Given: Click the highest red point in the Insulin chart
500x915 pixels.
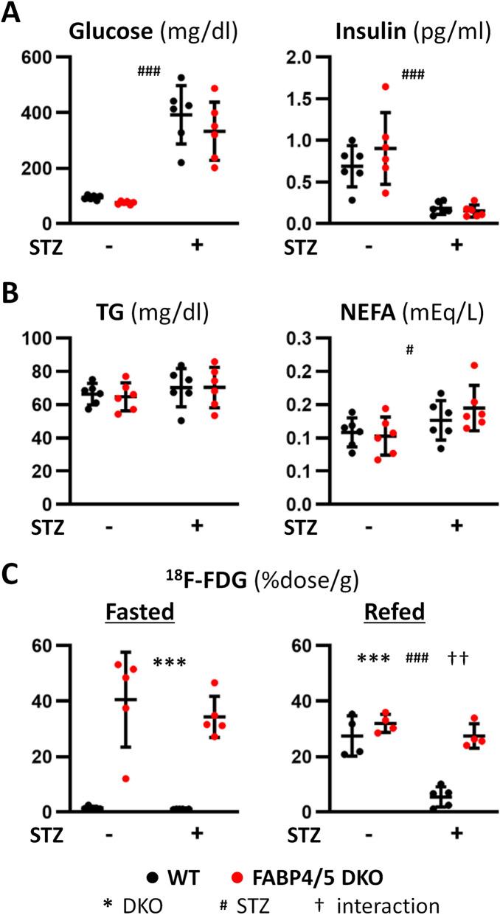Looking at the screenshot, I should click(x=406, y=87).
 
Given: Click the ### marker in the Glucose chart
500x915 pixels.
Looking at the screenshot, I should click(x=148, y=71).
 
